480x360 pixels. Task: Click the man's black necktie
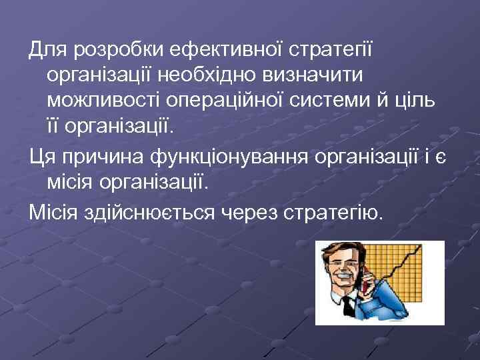[347, 307]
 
